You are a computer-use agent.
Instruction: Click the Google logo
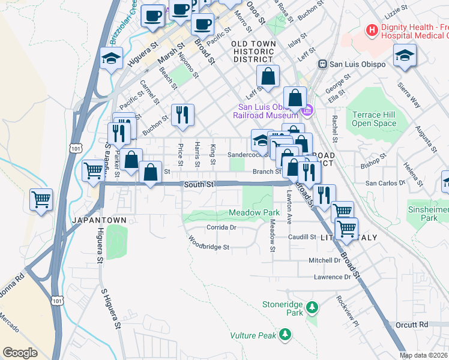point(20,353)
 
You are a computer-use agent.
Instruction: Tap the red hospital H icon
point(372,29)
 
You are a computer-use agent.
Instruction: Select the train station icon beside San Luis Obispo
point(322,64)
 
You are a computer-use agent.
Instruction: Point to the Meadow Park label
point(254,213)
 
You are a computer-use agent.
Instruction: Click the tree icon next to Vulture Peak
point(286,333)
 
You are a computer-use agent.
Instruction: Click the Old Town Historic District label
point(254,52)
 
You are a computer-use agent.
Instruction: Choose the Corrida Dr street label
point(221,227)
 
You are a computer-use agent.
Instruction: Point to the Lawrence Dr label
point(332,277)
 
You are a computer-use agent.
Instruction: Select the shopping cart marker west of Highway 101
point(41,199)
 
